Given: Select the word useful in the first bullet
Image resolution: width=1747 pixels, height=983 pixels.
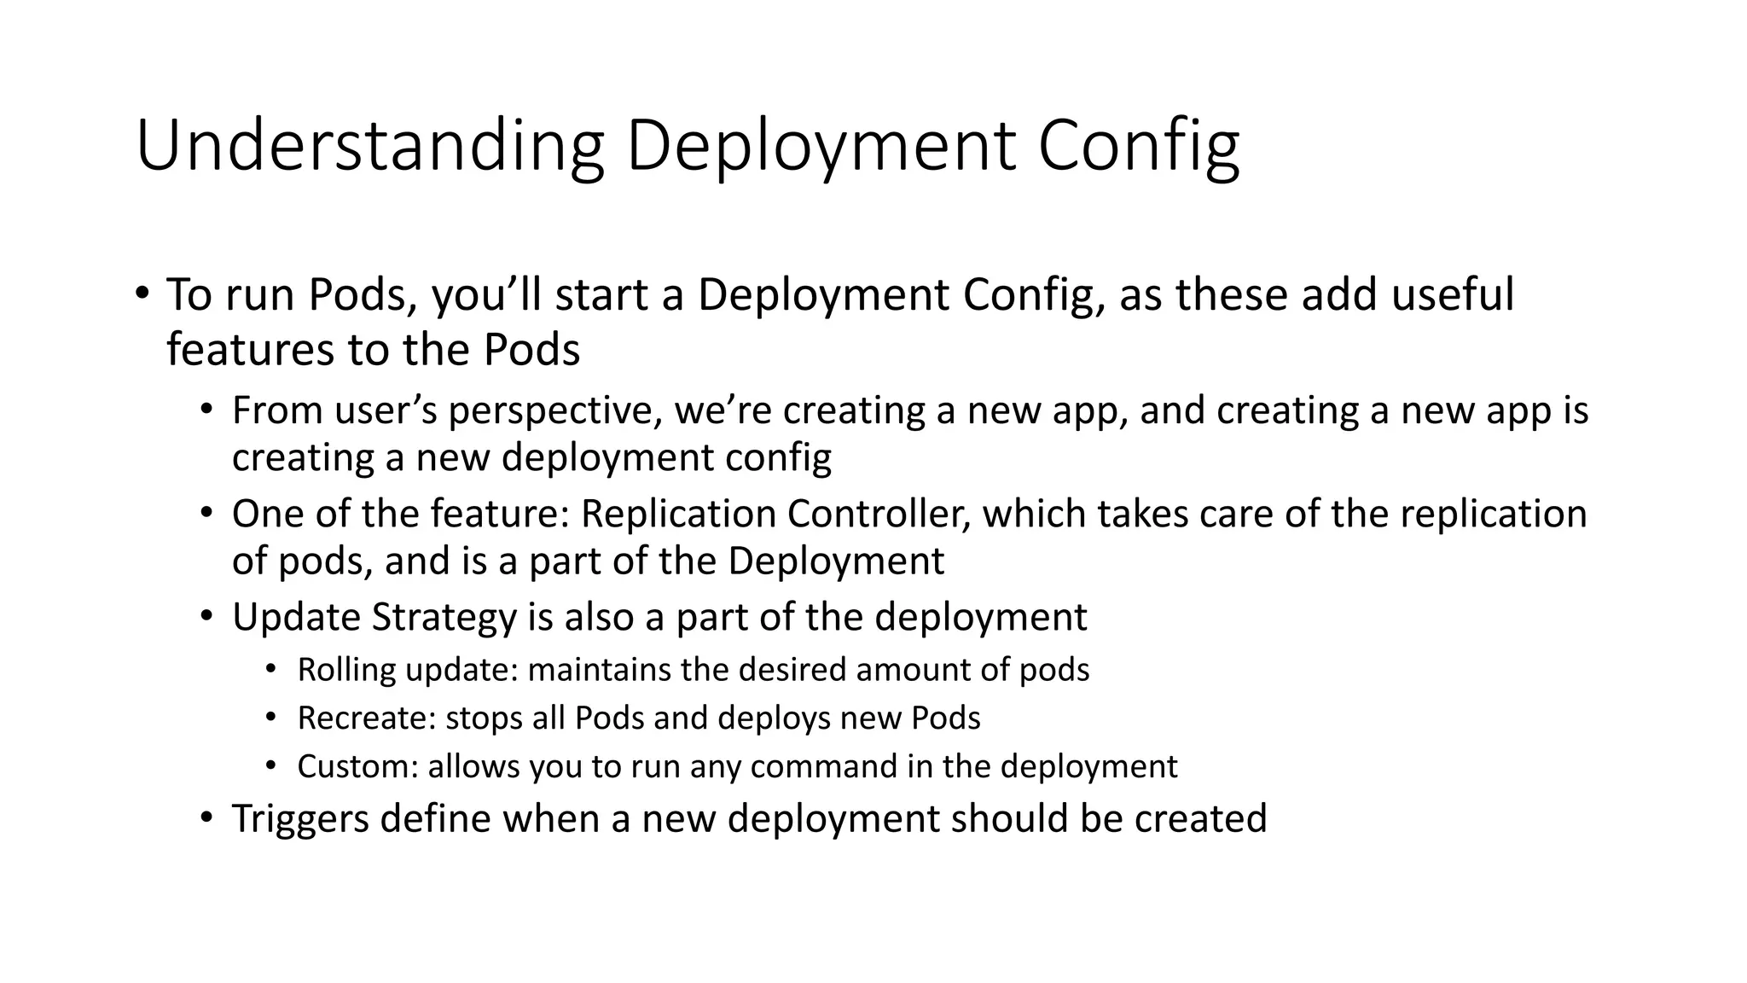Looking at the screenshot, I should pyautogui.click(x=1452, y=294).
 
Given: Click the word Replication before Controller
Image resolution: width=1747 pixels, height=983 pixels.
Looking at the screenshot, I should pyautogui.click(x=677, y=514).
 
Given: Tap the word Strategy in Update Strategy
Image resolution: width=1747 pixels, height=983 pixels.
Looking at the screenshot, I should pyautogui.click(x=444, y=617).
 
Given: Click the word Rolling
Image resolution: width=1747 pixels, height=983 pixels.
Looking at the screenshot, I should pyautogui.click(x=346, y=670).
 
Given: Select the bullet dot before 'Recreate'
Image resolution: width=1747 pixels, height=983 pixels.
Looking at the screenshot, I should pyautogui.click(x=270, y=718).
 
